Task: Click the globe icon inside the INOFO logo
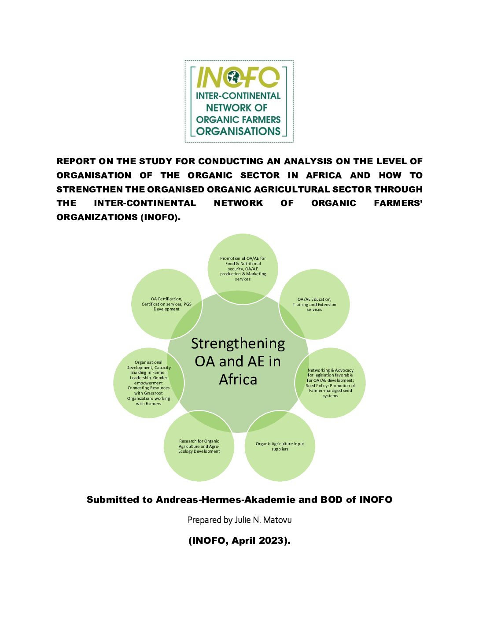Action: click(x=232, y=78)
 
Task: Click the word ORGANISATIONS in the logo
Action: click(x=238, y=131)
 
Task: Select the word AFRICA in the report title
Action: click(x=324, y=175)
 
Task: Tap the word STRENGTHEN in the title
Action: click(x=94, y=189)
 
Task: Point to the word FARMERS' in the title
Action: click(x=398, y=203)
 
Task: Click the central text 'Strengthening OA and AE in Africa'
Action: click(x=238, y=362)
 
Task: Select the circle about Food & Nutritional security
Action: click(x=243, y=268)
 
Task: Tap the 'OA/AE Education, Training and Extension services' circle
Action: click(x=314, y=304)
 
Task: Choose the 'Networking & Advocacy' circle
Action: click(x=330, y=383)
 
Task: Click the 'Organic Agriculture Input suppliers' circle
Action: click(x=280, y=446)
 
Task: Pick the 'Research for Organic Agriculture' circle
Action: click(x=199, y=446)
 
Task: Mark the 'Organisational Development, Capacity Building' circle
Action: click(x=148, y=383)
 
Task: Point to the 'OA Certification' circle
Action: click(x=166, y=304)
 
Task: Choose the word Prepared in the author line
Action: click(x=204, y=520)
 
